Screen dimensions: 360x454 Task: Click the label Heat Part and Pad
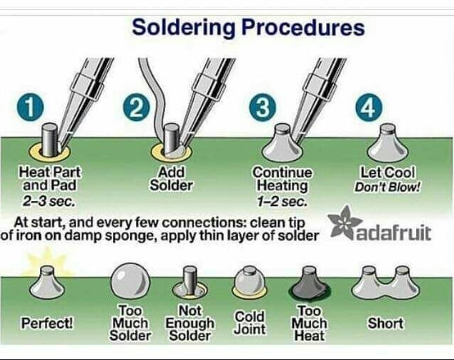pyautogui.click(x=51, y=178)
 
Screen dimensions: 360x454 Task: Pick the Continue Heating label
pyautogui.click(x=282, y=178)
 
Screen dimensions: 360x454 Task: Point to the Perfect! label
pyautogui.click(x=47, y=323)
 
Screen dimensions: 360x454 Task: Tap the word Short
pyautogui.click(x=385, y=323)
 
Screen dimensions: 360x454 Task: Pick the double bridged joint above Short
pyautogui.click(x=385, y=283)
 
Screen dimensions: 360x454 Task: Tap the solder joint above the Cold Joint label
pyautogui.click(x=250, y=283)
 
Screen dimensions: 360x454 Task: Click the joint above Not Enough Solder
pyautogui.click(x=190, y=283)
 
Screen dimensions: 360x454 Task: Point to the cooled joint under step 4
pyautogui.click(x=387, y=145)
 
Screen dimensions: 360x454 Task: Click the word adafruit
pyautogui.click(x=393, y=233)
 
